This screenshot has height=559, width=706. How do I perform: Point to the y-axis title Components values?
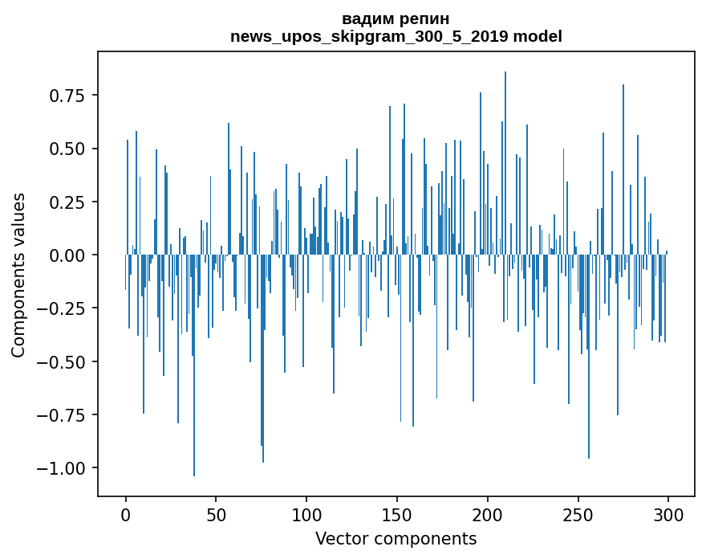(x=18, y=275)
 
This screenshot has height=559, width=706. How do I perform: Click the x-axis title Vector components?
(x=396, y=539)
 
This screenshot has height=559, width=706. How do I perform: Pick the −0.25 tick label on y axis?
(x=63, y=308)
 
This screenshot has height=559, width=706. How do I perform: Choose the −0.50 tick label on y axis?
(x=63, y=361)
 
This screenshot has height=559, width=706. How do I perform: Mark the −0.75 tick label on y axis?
(x=63, y=414)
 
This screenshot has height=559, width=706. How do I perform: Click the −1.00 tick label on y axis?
(x=63, y=468)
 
